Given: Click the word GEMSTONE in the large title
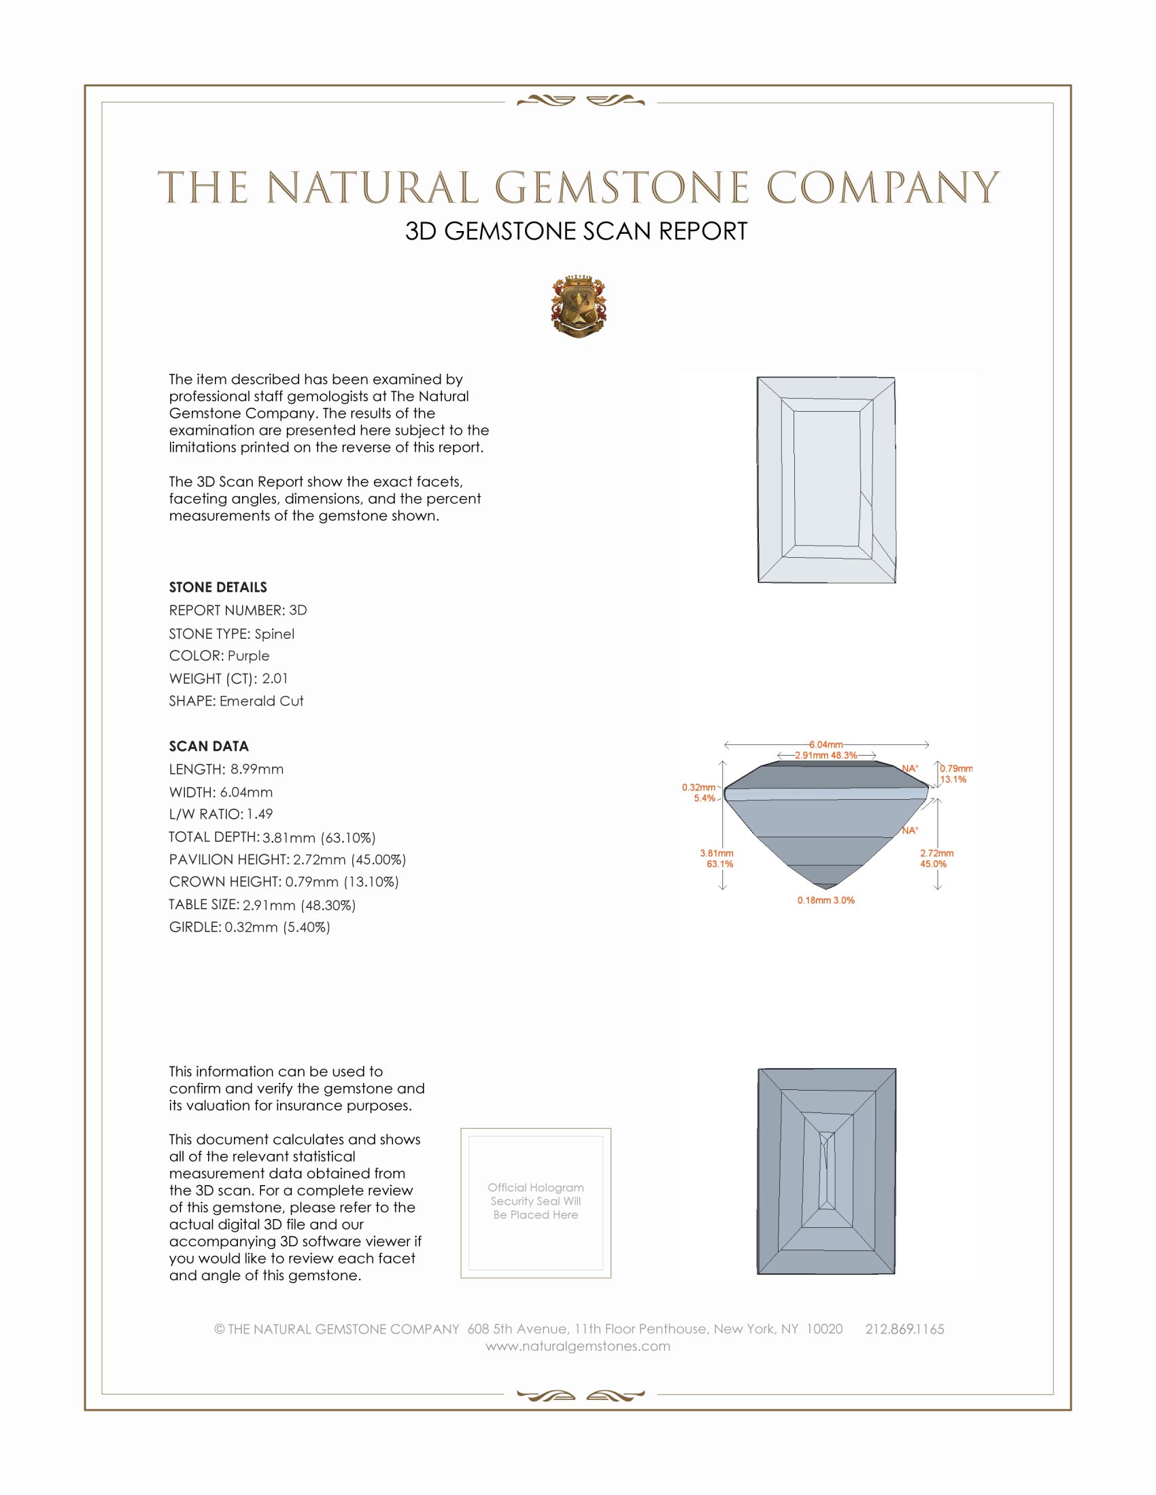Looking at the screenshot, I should [x=622, y=188].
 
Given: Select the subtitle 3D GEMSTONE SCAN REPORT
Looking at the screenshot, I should [x=576, y=231].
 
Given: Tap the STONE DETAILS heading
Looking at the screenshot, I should [x=218, y=587].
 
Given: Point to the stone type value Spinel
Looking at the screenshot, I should [x=274, y=634].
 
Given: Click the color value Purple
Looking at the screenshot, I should [x=248, y=656].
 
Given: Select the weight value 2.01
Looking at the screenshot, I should [x=275, y=678].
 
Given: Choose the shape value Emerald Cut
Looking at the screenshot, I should [x=261, y=701].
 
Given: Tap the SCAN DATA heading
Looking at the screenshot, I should [x=209, y=746].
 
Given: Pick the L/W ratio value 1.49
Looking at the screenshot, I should [x=260, y=815].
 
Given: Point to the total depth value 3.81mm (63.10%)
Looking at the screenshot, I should [x=318, y=838].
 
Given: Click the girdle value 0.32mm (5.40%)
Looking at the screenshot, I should [x=277, y=928].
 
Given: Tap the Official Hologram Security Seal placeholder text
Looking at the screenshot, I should [x=536, y=1201].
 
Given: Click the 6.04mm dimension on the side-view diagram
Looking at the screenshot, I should [x=826, y=744].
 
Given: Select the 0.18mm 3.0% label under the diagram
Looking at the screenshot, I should [x=826, y=900].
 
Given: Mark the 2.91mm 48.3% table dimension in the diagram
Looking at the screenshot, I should [x=826, y=755].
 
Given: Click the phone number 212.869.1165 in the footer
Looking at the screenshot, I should [x=904, y=1329].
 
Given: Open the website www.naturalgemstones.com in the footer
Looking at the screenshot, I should [x=578, y=1346].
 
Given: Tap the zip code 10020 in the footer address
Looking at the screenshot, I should [x=824, y=1329].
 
